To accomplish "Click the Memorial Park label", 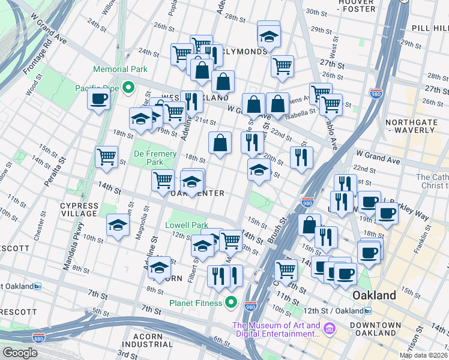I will (x=119, y=69).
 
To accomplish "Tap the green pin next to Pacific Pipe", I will (x=128, y=89).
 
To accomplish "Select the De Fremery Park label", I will (x=155, y=158).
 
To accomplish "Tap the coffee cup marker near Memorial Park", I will (x=98, y=99).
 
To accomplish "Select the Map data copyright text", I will (x=423, y=355).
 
